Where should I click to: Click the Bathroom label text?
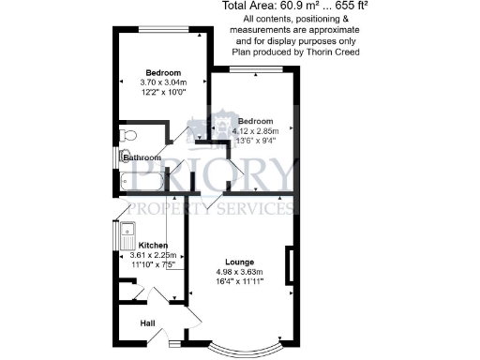coord(142,158)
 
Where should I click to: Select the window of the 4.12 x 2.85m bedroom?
coord(254,72)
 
